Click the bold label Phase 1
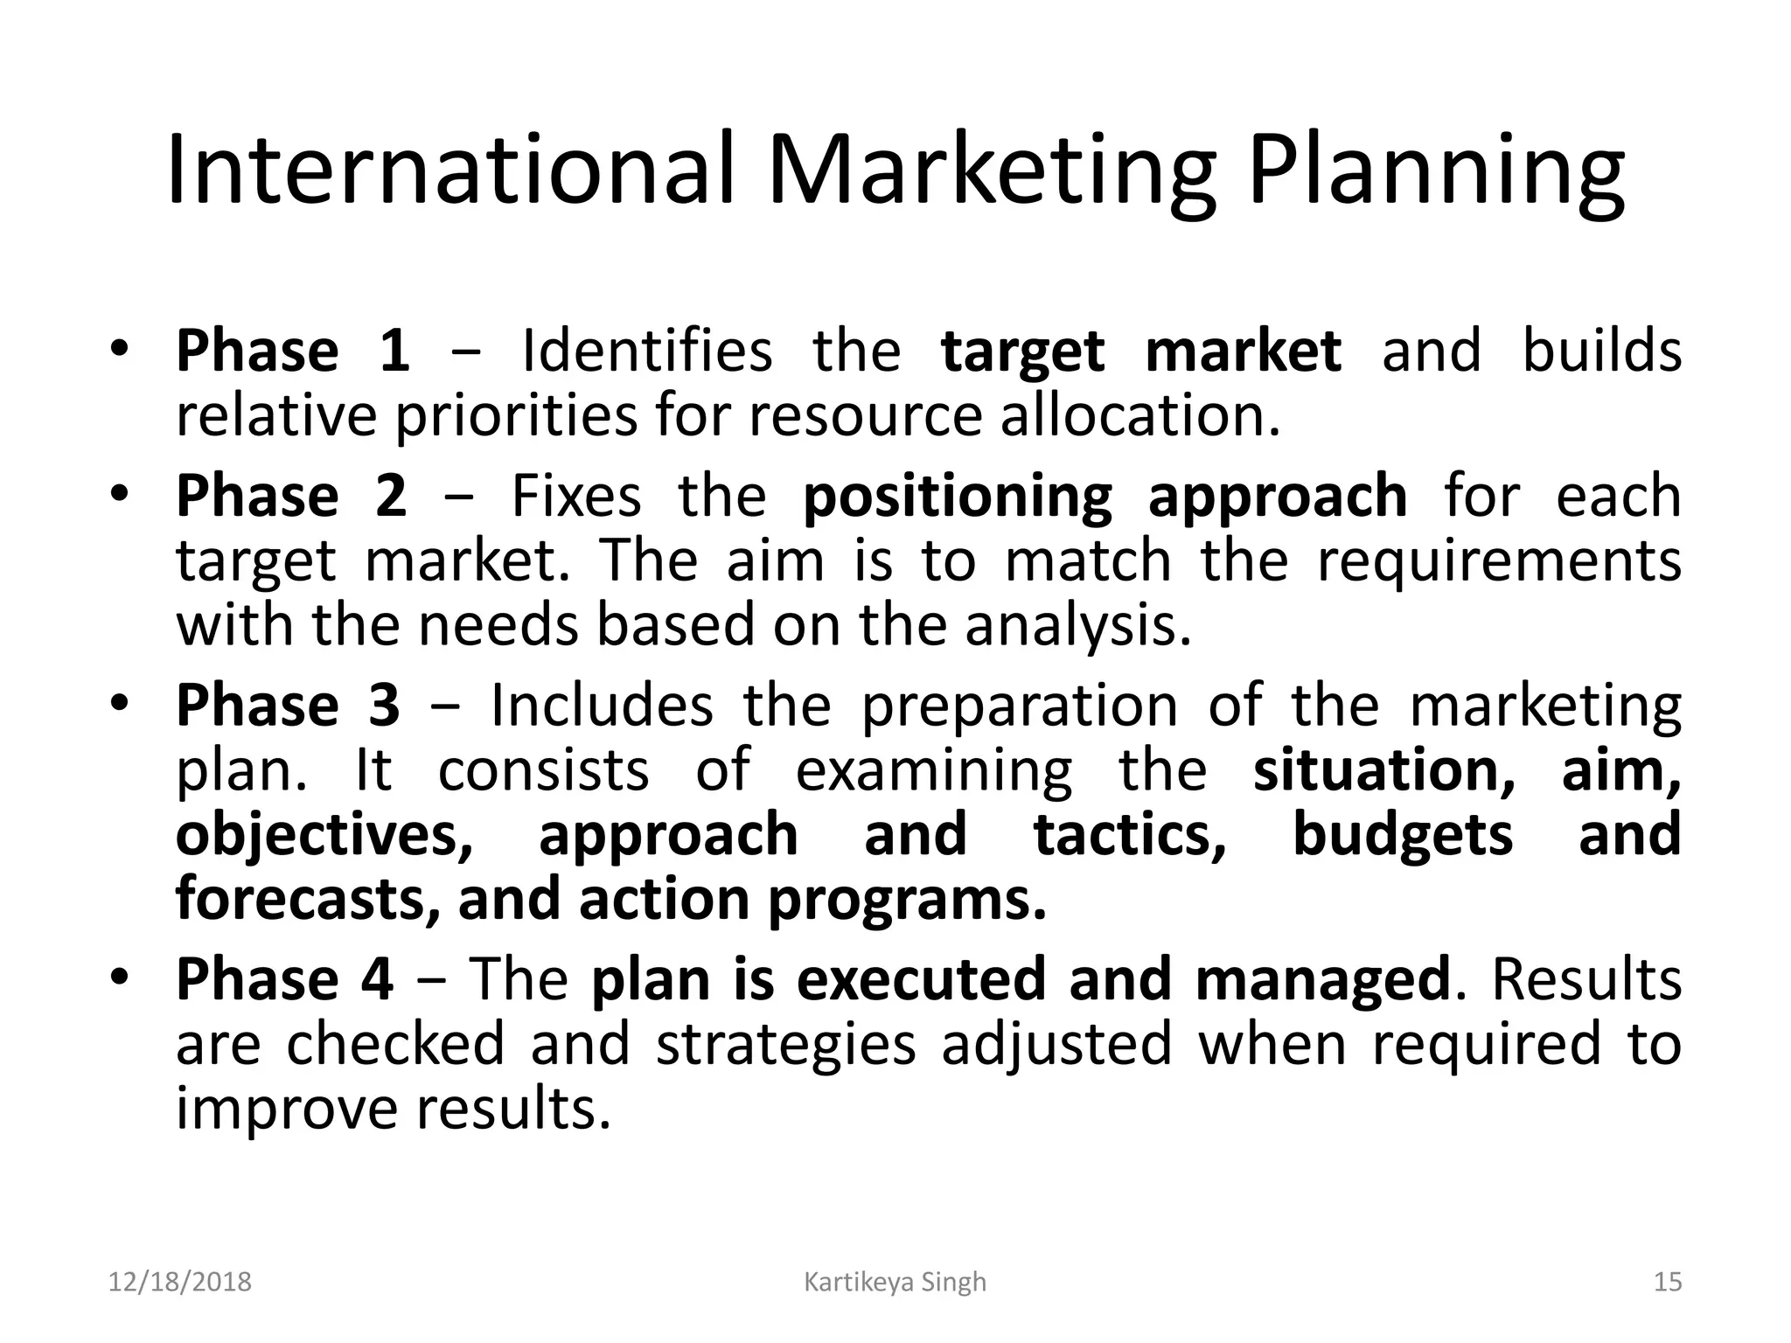click(293, 351)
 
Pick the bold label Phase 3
click(288, 706)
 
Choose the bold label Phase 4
click(284, 979)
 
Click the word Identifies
click(646, 351)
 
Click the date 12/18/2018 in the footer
click(179, 1282)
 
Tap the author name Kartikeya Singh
click(895, 1282)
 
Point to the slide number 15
click(1668, 1282)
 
